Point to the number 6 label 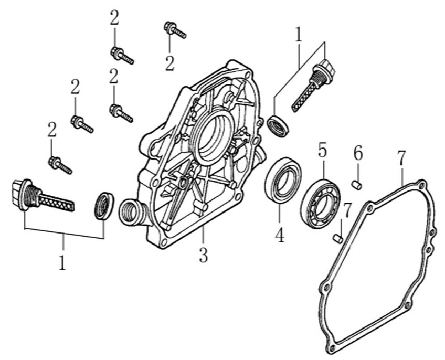click(358, 154)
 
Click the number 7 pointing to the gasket click(402, 157)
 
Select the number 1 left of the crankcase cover click(62, 261)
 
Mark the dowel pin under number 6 click(357, 184)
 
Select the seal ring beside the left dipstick click(103, 206)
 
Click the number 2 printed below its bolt click(169, 63)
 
